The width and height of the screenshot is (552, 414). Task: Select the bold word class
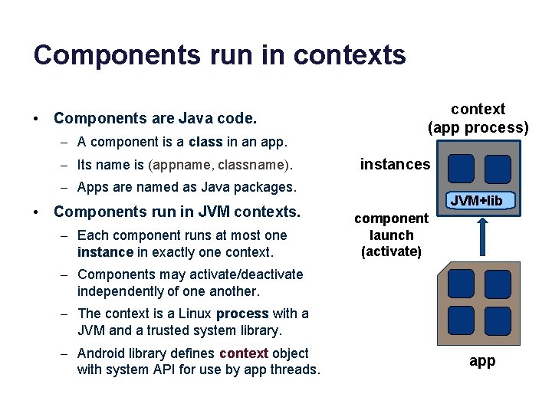pos(205,142)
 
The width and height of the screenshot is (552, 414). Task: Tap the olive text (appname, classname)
pos(220,165)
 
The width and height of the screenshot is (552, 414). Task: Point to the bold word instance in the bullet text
pos(104,251)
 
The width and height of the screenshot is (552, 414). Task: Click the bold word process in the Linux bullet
pos(242,314)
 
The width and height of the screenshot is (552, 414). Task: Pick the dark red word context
pos(244,353)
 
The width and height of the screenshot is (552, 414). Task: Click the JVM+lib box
pos(477,201)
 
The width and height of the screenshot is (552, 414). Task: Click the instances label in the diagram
pos(395,164)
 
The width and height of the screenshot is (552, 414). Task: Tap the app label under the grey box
pos(482,361)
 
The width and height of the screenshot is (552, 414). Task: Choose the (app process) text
pos(478,127)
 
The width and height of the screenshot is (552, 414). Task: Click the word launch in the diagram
pos(391,235)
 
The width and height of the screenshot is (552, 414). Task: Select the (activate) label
pos(391,251)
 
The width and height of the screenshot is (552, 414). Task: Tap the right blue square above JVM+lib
pos(498,170)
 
